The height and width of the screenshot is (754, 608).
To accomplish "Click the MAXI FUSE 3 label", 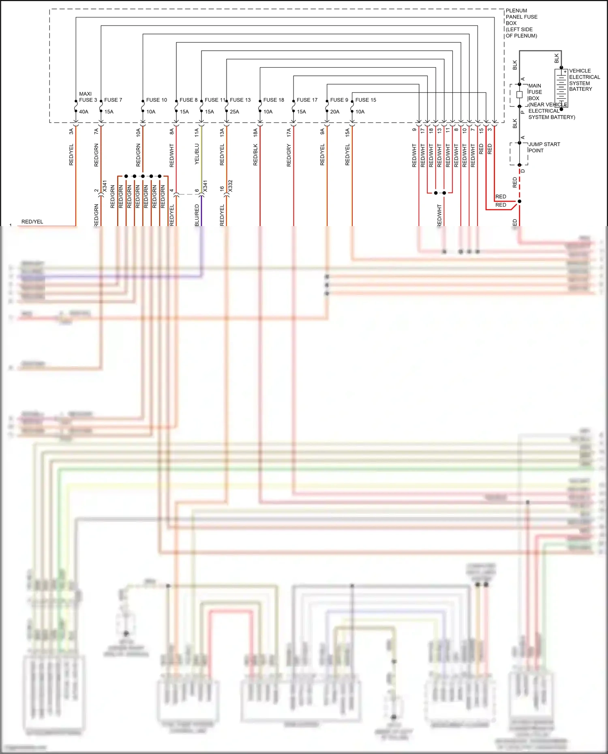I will [88, 97].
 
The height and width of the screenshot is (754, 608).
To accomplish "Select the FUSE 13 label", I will [240, 100].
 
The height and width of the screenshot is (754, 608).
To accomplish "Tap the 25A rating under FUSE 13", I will [234, 112].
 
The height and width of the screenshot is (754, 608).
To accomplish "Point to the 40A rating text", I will [83, 112].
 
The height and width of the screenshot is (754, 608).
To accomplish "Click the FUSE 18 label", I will [274, 100].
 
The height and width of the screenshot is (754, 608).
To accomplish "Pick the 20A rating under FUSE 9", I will [334, 112].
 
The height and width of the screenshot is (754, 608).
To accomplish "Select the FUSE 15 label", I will [366, 100].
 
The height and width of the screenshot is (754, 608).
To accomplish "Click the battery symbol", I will [561, 88].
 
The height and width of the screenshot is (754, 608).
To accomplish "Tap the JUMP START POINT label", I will [544, 147].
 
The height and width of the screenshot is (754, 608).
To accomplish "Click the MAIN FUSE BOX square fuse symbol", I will [519, 95].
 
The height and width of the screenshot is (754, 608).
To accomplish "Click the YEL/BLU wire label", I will [197, 154].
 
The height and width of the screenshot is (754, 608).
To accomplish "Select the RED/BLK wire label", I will [255, 155].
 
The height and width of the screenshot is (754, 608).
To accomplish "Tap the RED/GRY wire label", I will [289, 155].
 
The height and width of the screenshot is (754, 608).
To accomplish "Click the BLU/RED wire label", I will [197, 215].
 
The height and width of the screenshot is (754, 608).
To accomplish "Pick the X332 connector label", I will [230, 186].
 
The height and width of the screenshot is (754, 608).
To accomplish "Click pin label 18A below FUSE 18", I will [255, 132].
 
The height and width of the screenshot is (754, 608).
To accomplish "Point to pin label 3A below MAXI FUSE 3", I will [71, 131].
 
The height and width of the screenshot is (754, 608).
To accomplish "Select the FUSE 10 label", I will [156, 100].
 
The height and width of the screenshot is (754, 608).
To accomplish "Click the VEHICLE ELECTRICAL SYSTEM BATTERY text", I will [584, 80].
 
